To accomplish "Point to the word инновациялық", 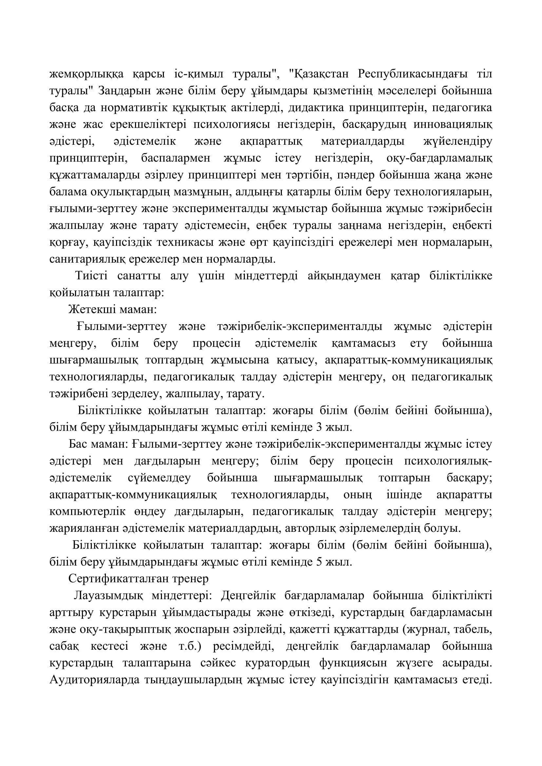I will (453, 124).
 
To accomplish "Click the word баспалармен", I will (176, 158).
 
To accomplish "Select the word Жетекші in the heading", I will (88, 310).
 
